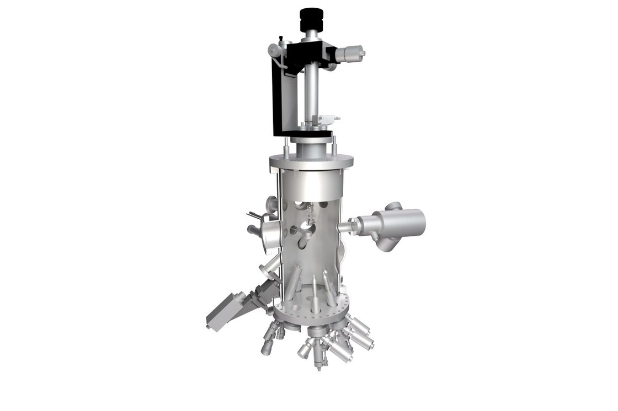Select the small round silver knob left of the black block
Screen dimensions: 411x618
click(x=273, y=51)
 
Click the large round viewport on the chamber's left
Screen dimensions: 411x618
click(x=270, y=234)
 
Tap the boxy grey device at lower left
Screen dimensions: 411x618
click(x=226, y=311)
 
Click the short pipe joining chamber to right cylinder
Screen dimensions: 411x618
click(x=345, y=226)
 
